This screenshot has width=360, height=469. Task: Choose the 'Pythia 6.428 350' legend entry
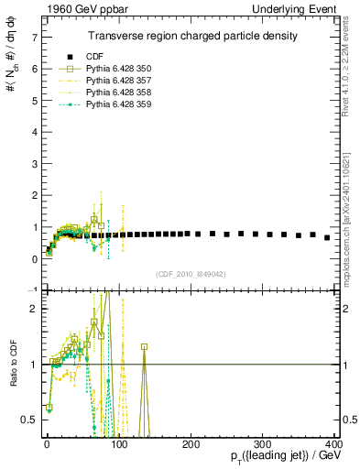[114, 69]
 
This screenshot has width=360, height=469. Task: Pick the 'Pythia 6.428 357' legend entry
[114, 81]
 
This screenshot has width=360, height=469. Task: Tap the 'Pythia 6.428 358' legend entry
[114, 93]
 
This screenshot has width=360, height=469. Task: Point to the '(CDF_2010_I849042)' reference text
[191, 272]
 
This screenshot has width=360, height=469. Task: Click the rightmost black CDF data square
[327, 237]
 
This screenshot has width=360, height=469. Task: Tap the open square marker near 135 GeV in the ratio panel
[144, 346]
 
